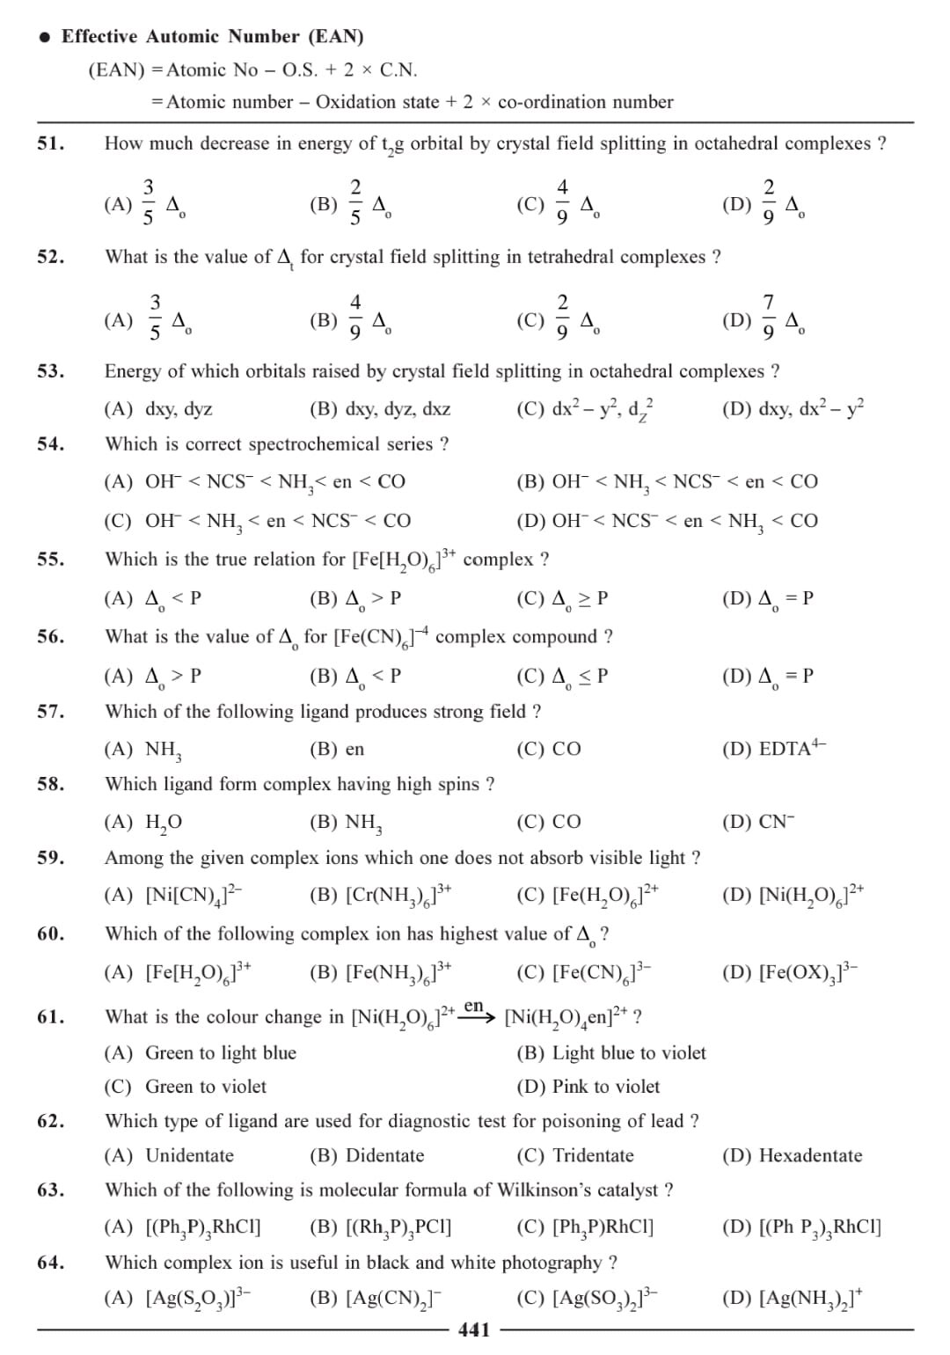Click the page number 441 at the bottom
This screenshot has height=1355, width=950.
[474, 1329]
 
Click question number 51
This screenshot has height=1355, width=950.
[50, 143]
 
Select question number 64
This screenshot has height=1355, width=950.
[50, 1262]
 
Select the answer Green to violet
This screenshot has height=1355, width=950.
[205, 1087]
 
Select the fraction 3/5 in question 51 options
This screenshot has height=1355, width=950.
[148, 201]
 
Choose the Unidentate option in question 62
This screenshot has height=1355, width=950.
[189, 1155]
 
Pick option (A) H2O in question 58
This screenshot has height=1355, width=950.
[163, 822]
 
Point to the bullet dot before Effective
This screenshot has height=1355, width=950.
[44, 37]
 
